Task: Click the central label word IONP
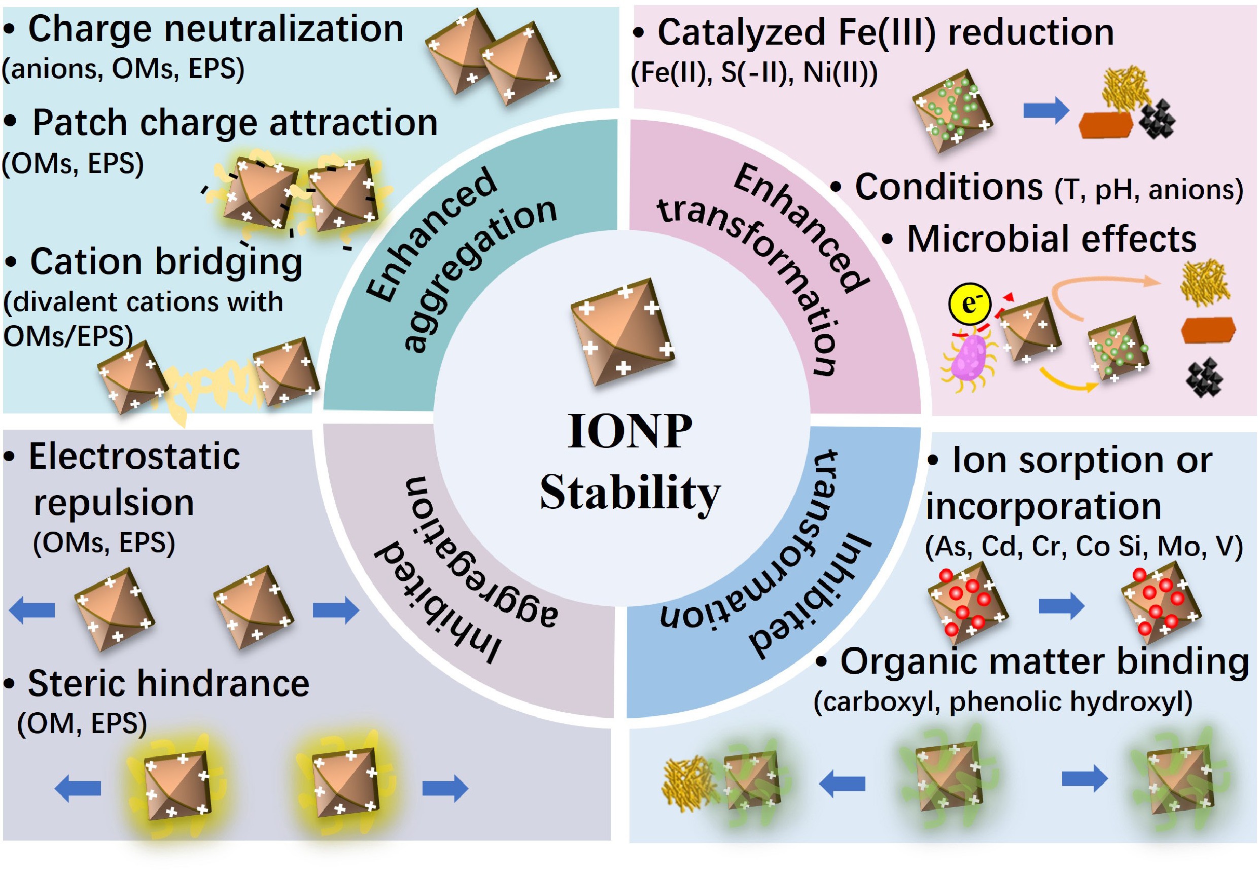point(630,431)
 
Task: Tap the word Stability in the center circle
point(630,492)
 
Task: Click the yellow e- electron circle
point(969,304)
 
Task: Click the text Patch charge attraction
point(235,123)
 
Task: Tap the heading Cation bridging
point(166,262)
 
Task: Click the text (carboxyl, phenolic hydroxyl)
point(1003,702)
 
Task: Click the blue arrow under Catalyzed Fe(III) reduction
point(1045,111)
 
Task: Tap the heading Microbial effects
point(1051,239)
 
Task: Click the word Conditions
point(949,187)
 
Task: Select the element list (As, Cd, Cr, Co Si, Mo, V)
point(1084,546)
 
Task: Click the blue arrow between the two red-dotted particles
point(1061,606)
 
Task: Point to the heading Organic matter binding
point(1044,662)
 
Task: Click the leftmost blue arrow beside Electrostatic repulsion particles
point(32,609)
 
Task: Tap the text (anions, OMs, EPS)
point(123,69)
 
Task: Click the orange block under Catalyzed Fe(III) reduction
point(1105,125)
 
